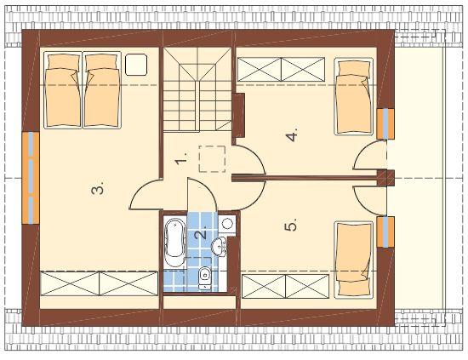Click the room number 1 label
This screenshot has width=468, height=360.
tap(181, 158)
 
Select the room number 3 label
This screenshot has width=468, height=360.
tap(98, 188)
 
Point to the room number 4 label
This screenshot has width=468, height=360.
tap(292, 135)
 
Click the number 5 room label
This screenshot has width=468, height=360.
tap(291, 225)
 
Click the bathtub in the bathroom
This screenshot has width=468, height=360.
tap(175, 243)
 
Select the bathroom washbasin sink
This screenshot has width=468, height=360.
tap(220, 246)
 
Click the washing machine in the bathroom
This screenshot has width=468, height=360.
tap(227, 223)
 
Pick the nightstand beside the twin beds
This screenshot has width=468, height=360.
tap(136, 65)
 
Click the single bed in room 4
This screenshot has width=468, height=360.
tap(354, 96)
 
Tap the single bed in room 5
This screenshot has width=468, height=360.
tap(354, 260)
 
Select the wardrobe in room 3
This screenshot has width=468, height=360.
tap(99, 283)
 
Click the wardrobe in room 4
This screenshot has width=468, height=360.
tap(281, 69)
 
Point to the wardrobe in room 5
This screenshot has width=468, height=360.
tap(286, 286)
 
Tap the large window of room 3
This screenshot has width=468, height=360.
tap(31, 178)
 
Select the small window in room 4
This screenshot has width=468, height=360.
tap(385, 124)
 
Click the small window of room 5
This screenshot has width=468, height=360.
tap(385, 232)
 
